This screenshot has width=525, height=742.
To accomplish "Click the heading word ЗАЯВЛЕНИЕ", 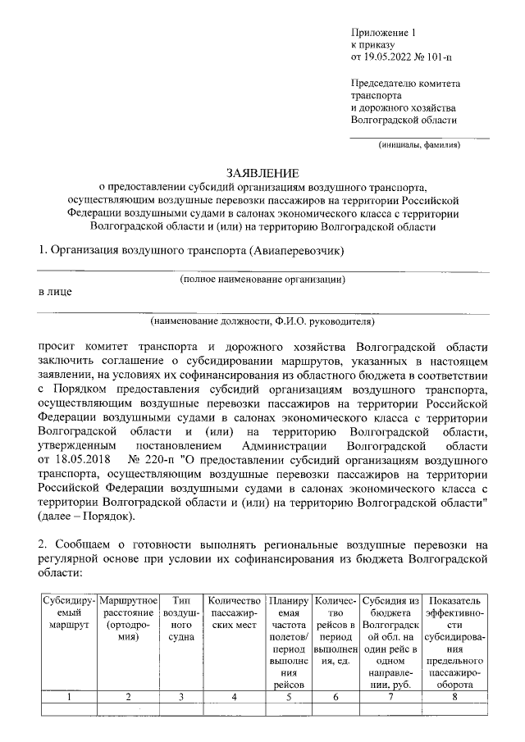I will point(264,173).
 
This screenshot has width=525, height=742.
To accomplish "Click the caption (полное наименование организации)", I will point(262,279).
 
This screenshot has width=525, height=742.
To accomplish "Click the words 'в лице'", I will point(55,292).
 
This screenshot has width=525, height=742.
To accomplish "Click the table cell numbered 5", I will point(289,697).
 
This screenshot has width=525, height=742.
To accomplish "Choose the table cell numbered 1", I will point(68,697).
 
